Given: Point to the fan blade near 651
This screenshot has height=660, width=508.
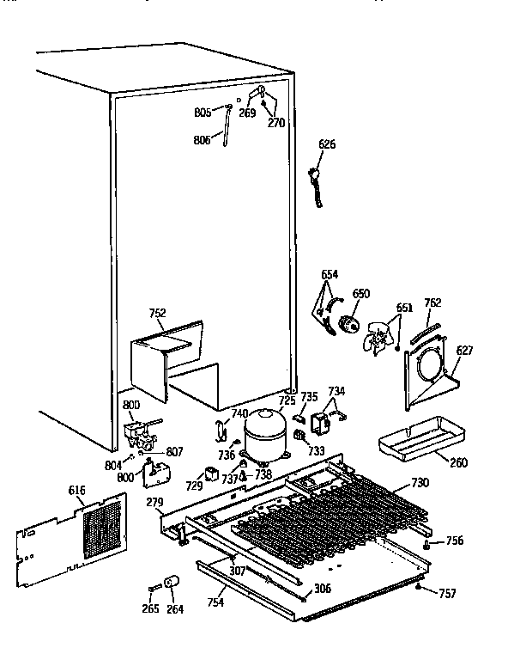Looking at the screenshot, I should tap(377, 339).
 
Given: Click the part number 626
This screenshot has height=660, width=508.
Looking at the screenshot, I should tap(327, 144).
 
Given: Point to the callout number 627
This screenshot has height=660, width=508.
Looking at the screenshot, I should tap(464, 350).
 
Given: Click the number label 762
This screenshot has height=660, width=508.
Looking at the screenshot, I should tap(432, 302).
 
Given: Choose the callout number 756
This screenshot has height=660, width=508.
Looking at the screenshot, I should tap(454, 541).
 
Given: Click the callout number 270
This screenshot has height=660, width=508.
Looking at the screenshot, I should tap(276, 122).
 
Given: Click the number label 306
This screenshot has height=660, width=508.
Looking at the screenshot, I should tap(323, 588).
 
